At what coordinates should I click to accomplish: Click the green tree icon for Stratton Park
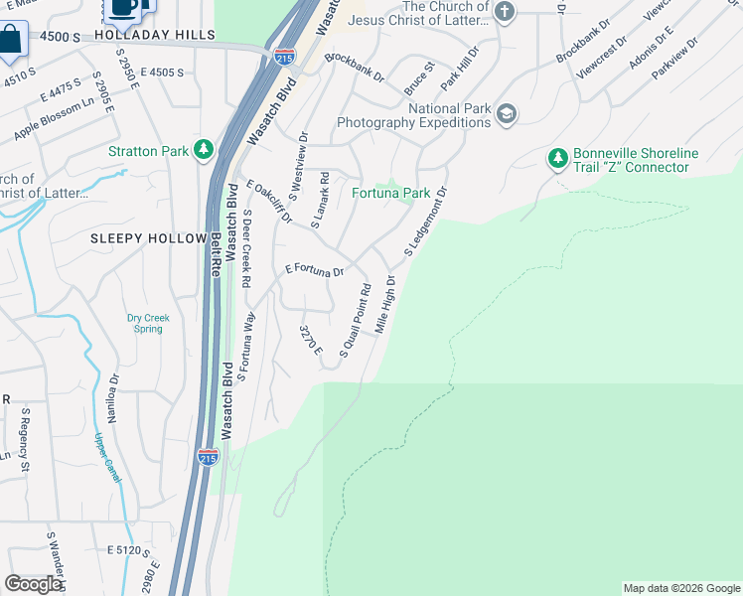tap(204, 151)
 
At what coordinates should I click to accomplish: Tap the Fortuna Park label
tap(390, 193)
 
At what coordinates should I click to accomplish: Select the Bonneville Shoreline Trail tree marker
tap(557, 158)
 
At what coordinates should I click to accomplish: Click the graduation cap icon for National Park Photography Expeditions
tap(507, 114)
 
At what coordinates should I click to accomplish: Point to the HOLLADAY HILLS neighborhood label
tap(154, 35)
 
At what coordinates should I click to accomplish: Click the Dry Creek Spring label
tap(148, 324)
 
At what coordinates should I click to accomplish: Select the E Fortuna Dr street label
tap(314, 270)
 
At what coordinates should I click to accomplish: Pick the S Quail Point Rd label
tap(355, 320)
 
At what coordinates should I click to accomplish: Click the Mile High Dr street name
tap(385, 304)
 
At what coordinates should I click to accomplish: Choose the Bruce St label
tap(419, 78)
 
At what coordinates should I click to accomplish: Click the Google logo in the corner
tap(33, 584)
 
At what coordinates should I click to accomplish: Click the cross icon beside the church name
tap(506, 12)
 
